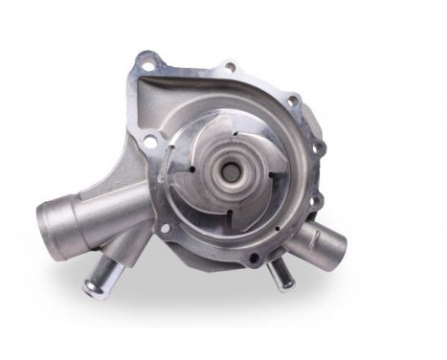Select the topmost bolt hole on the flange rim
(x=229, y=66)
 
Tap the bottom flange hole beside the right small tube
(x=253, y=258)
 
